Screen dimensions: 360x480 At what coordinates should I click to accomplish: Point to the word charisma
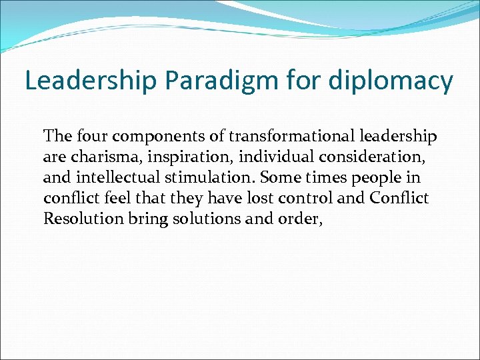coord(95,157)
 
